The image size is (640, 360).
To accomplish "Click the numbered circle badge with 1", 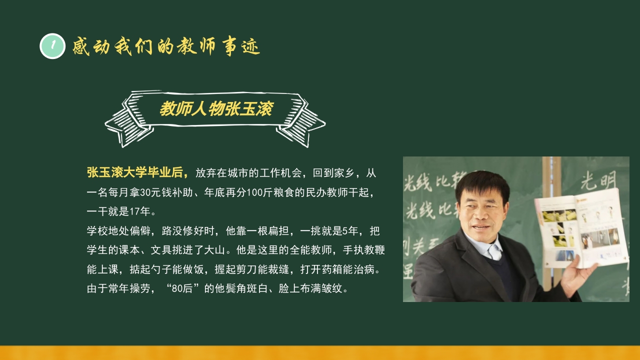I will (52, 46).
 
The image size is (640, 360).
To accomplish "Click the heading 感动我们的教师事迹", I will (166, 47).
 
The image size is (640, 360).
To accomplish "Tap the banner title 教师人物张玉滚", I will (215, 109).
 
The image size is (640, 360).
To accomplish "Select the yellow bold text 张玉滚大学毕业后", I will (137, 173).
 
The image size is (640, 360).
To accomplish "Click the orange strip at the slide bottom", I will (320, 352).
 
